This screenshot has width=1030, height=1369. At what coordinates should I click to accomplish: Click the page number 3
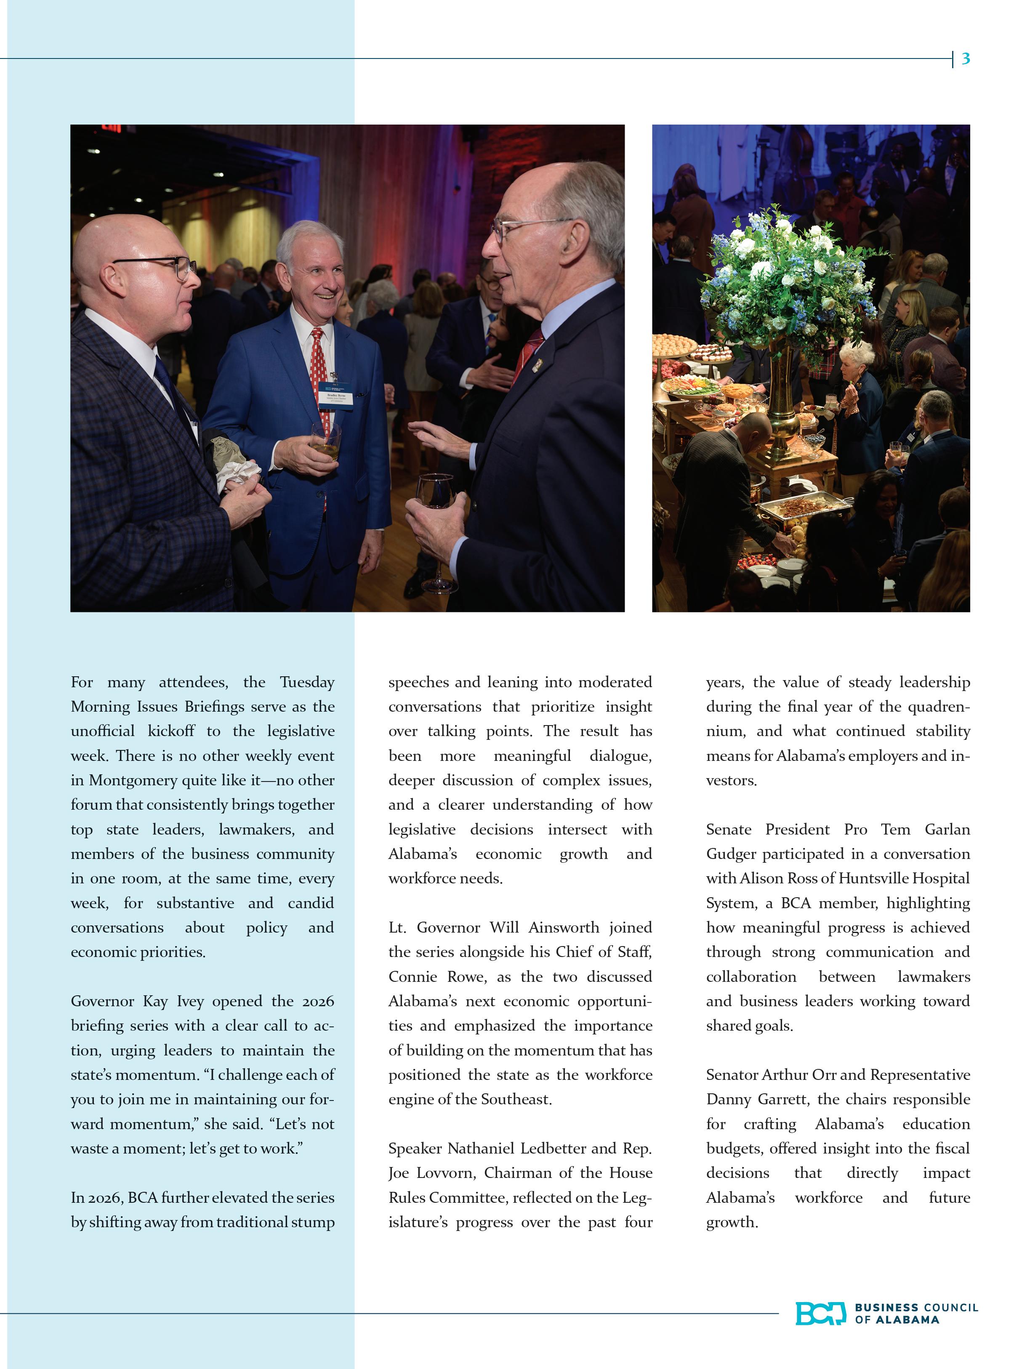pyautogui.click(x=965, y=59)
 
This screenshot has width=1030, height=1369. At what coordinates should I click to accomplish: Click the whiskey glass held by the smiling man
pyautogui.click(x=325, y=441)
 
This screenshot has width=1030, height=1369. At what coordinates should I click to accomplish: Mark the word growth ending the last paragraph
pyautogui.click(x=731, y=1222)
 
